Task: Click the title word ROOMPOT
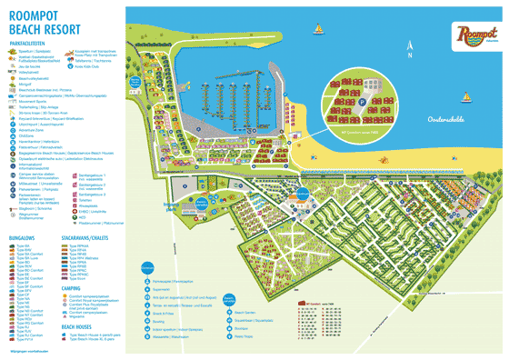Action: [x=35, y=14]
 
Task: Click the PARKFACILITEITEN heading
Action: [x=29, y=43]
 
